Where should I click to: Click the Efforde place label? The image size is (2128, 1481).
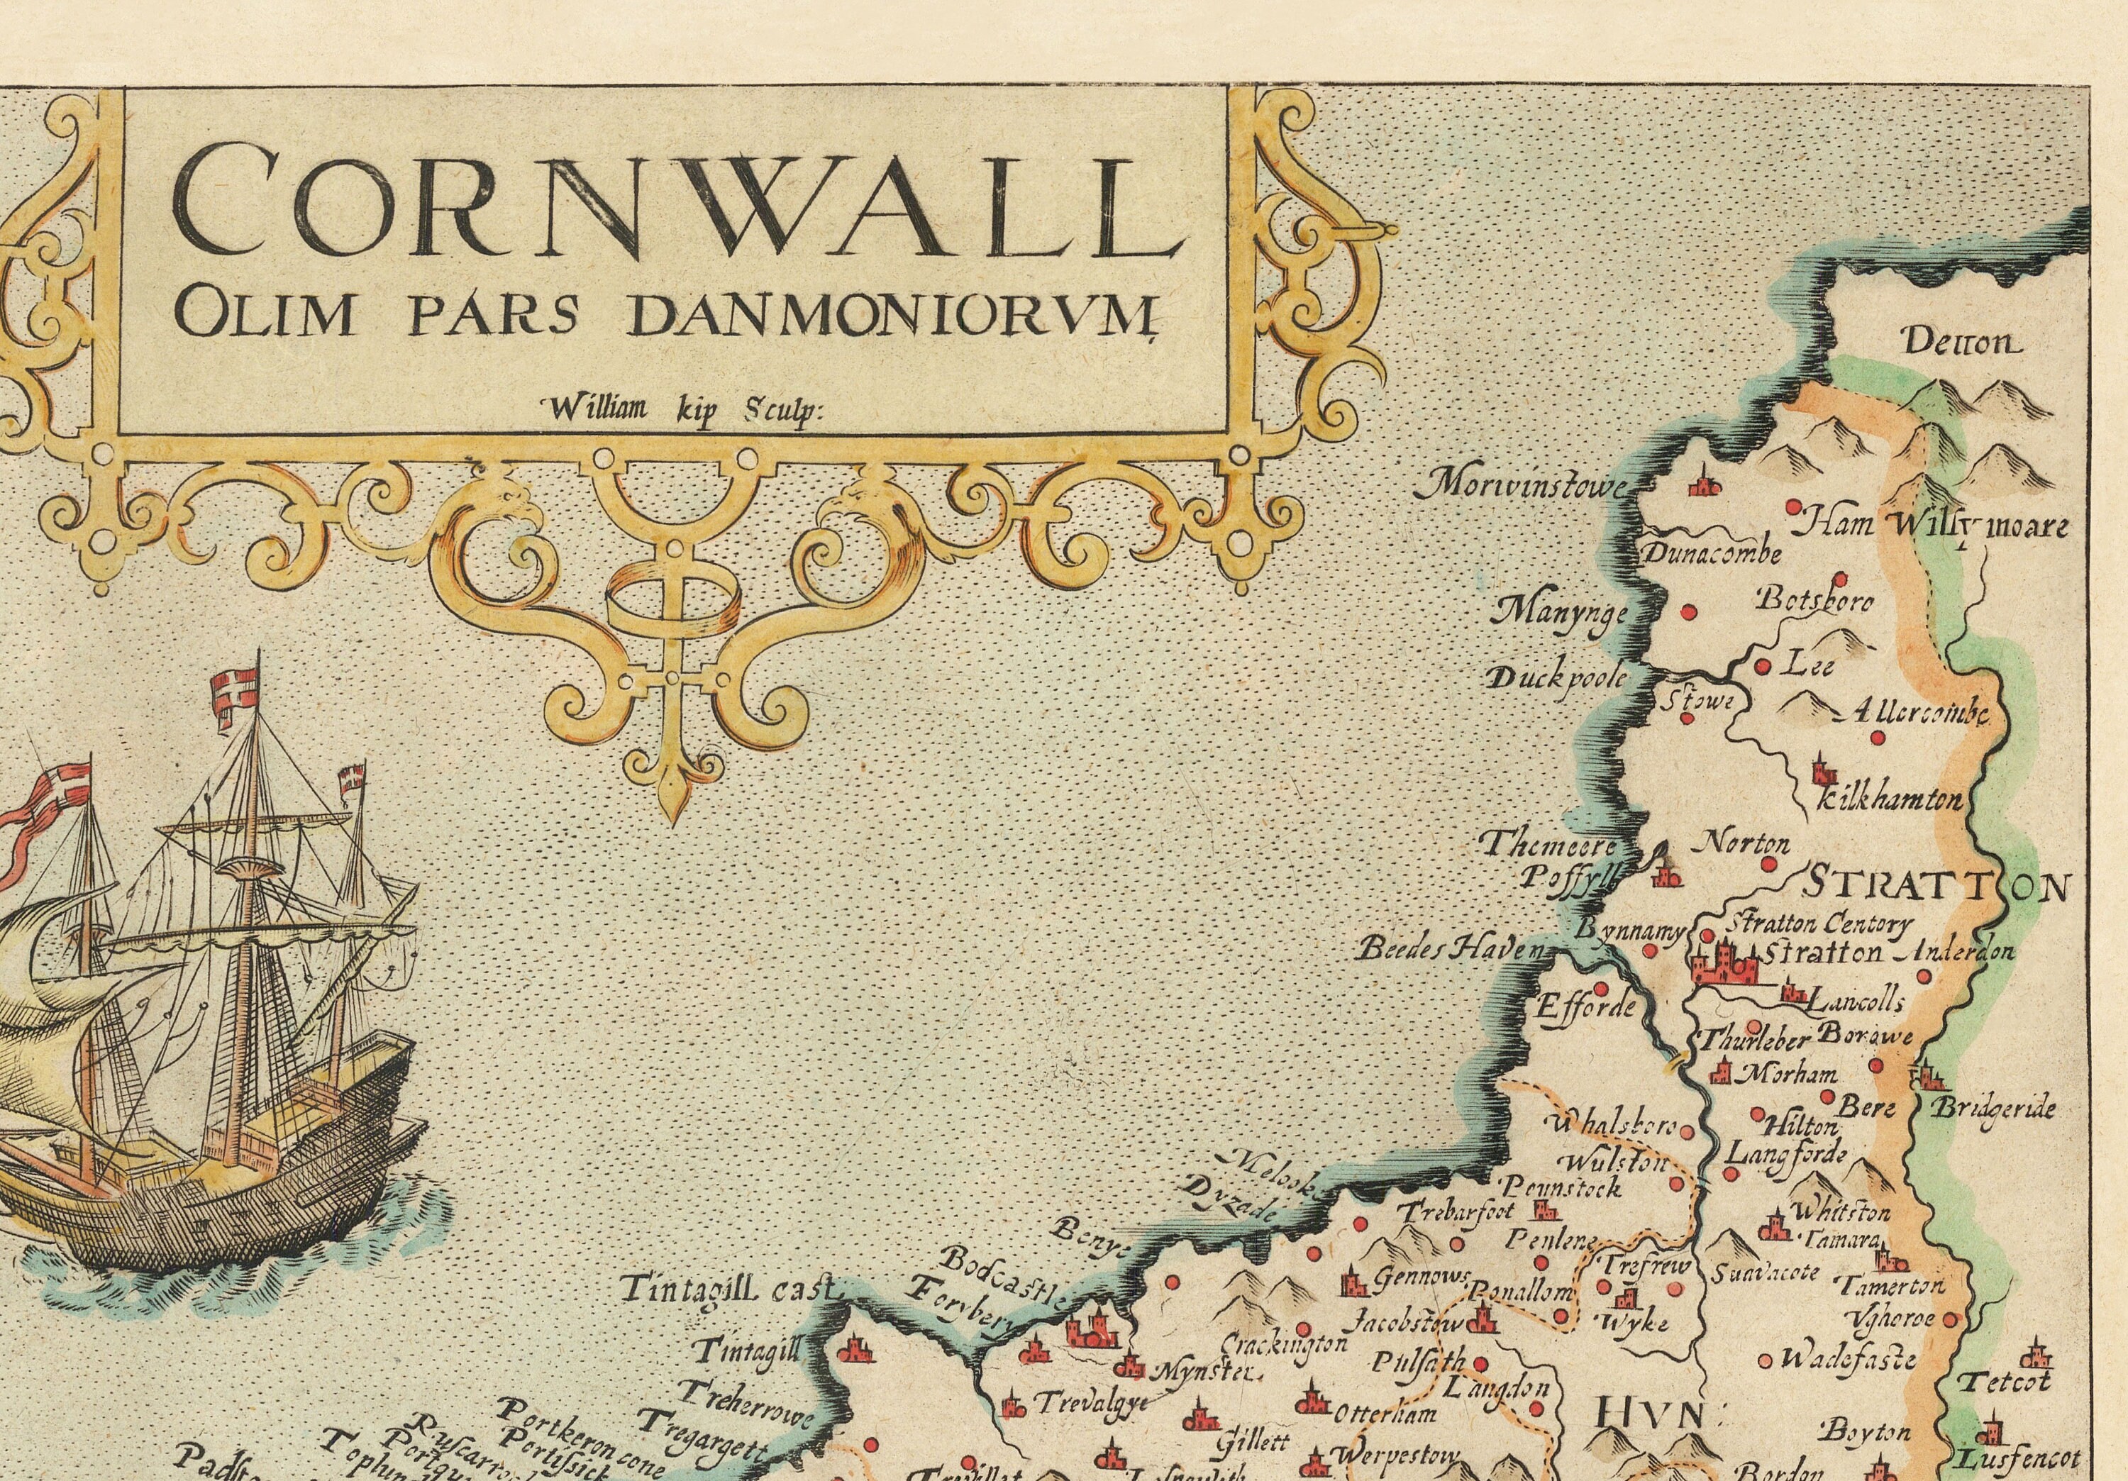(1587, 1006)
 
